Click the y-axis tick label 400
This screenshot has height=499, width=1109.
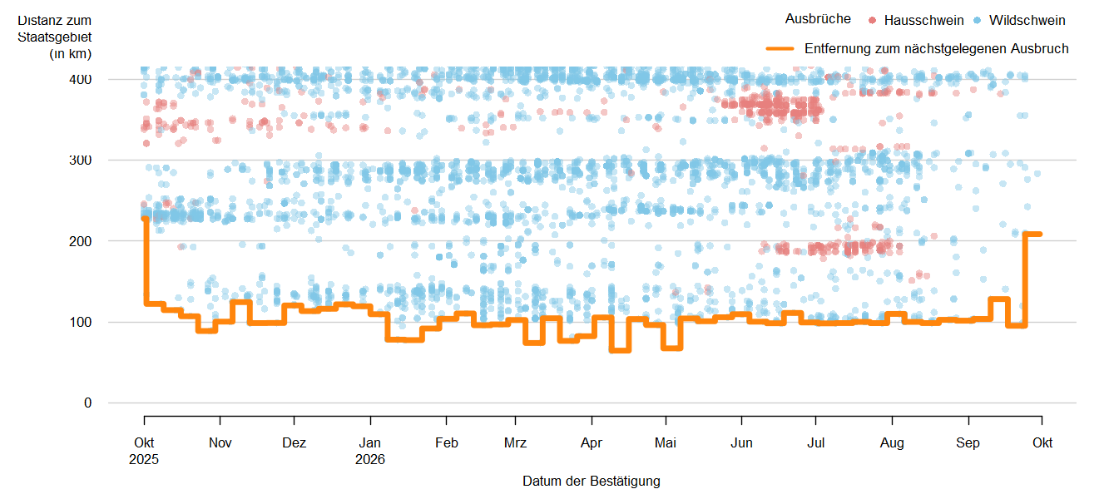point(80,79)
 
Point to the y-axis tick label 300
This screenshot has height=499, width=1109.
point(80,160)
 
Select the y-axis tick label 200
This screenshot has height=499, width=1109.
point(80,241)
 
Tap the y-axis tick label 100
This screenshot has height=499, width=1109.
point(80,323)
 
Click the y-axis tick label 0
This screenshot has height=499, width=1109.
point(87,403)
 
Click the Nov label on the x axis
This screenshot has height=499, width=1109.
point(220,442)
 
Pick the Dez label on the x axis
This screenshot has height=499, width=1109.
point(294,442)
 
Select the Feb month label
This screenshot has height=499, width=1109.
point(447,442)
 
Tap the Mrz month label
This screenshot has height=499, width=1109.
point(515,442)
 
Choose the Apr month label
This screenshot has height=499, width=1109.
point(592,442)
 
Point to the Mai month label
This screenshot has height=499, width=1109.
point(666,442)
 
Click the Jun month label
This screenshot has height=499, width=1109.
point(741,442)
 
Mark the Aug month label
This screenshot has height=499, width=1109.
point(892,442)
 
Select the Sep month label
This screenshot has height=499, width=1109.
point(968,442)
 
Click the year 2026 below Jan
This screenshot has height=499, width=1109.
point(370,459)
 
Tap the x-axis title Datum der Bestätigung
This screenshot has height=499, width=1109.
point(592,482)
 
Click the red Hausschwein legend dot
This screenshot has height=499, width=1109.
point(873,20)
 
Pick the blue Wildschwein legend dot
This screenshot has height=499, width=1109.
point(977,20)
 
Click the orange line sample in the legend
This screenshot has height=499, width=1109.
point(780,48)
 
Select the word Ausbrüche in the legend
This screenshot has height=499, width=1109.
point(818,19)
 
